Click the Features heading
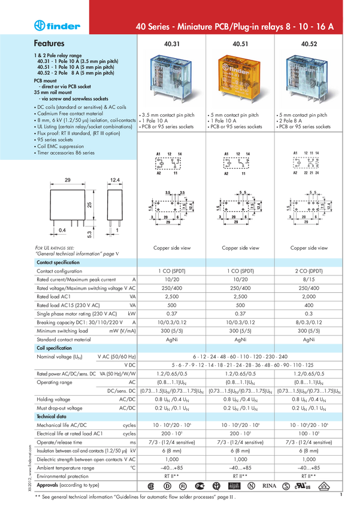pos(49,44)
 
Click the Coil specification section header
pos(54,348)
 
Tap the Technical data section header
pos(52,416)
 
